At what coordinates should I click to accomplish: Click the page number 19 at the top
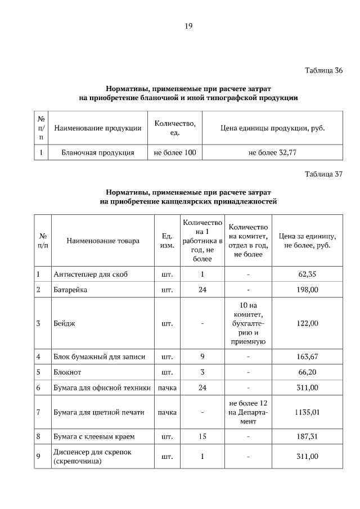188,25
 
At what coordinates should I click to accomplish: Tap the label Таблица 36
323,71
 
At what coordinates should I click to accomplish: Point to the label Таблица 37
323,174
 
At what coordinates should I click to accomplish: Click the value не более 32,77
272,152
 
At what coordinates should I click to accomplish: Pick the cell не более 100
174,152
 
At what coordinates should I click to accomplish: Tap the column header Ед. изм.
166,241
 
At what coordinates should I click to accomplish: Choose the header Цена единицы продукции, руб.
272,128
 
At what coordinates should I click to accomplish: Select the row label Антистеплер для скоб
91,274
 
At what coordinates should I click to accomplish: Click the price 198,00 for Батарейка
307,290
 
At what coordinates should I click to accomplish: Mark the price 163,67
307,356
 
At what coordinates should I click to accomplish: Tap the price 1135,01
307,412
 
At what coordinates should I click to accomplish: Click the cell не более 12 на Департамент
248,412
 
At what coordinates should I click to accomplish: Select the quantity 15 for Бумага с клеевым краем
202,436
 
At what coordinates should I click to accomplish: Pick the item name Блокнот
67,372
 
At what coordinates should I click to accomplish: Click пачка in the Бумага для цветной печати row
166,412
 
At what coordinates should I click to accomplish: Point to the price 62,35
307,274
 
